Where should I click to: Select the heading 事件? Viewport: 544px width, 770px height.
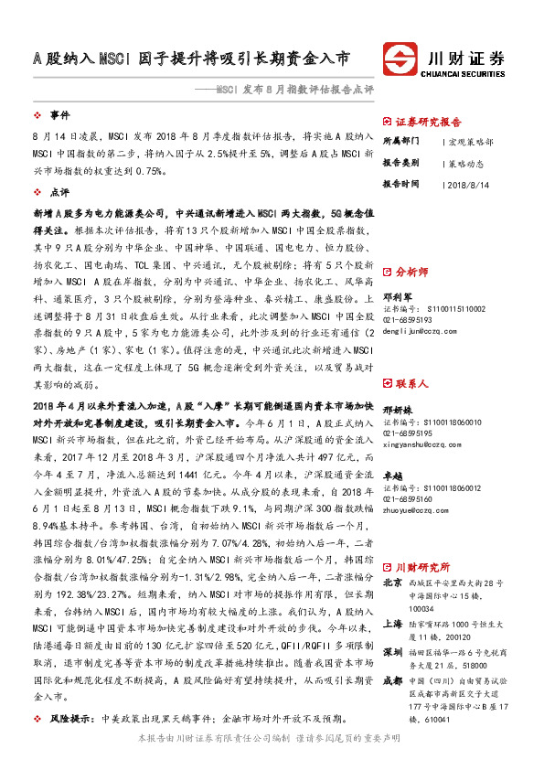59,115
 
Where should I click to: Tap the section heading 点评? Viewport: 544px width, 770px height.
59,193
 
